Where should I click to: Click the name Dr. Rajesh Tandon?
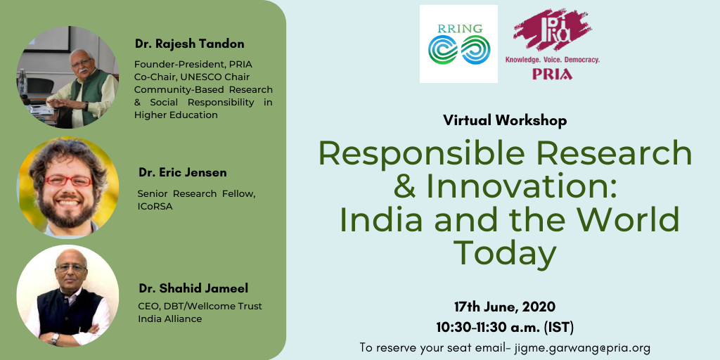(190, 44)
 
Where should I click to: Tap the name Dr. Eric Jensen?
(183, 173)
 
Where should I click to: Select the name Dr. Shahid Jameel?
(193, 288)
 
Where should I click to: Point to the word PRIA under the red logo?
(552, 74)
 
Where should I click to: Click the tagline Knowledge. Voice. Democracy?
(553, 60)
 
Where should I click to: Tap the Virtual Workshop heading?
(505, 120)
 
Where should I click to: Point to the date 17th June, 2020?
(505, 307)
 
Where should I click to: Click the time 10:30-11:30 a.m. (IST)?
(505, 328)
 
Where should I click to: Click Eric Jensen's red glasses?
(68, 181)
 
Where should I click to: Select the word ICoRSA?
(155, 207)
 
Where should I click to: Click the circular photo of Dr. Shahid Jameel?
(67, 296)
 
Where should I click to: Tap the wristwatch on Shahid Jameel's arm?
(55, 339)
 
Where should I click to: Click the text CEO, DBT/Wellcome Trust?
(200, 306)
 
